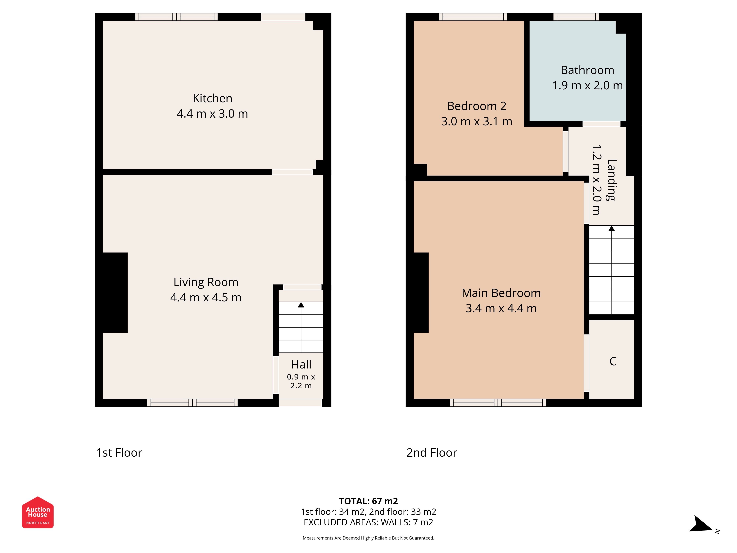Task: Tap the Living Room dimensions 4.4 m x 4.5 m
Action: point(206,297)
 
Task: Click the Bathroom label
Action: point(587,70)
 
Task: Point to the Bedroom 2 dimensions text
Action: point(477,121)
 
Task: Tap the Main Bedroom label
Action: point(501,293)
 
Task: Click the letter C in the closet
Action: point(613,361)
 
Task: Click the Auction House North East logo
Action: point(38,512)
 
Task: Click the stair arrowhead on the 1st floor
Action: point(301,305)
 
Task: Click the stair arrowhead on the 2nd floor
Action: point(612,228)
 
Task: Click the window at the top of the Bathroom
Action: point(576,17)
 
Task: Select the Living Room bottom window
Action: point(193,403)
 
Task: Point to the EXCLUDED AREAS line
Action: point(368,522)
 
